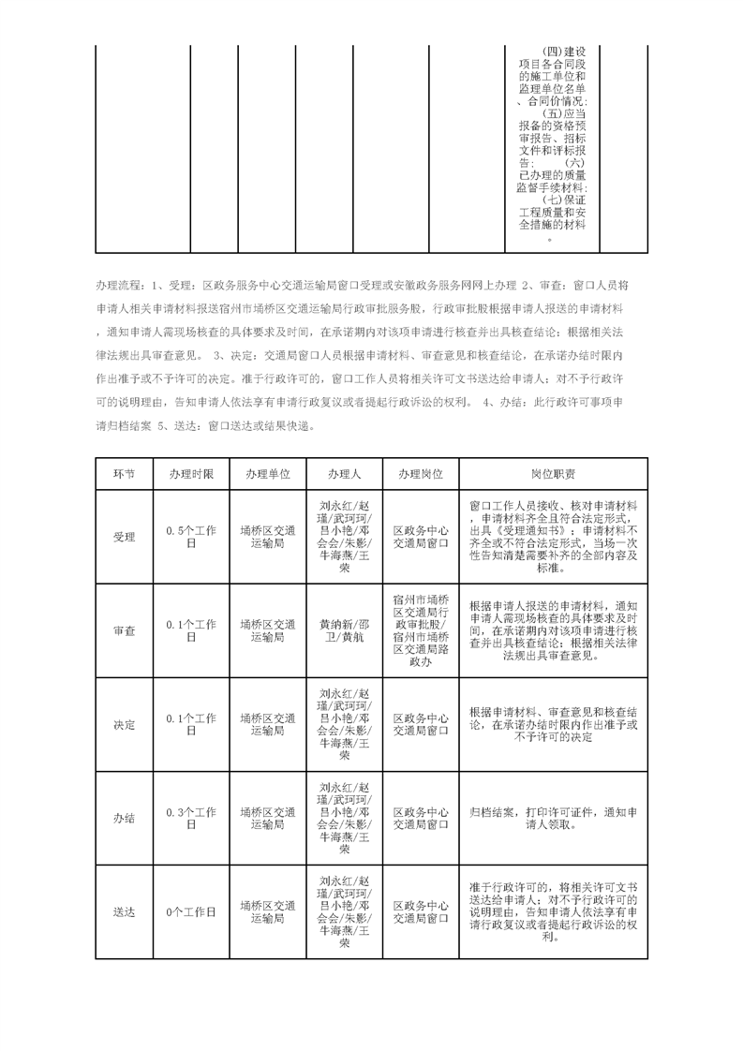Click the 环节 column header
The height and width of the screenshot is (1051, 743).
tap(124, 474)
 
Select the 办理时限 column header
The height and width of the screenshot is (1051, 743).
tap(190, 474)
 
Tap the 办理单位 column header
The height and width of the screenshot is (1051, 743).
tap(267, 474)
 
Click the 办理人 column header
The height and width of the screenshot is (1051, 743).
tap(344, 474)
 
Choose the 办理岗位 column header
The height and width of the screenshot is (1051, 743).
tap(420, 474)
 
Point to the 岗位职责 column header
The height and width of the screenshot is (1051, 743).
tap(553, 474)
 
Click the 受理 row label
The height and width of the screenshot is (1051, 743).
tap(124, 538)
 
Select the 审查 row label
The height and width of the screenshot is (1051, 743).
tap(124, 630)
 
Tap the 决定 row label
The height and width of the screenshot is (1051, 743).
tap(124, 725)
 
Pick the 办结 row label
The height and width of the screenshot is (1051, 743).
tap(124, 818)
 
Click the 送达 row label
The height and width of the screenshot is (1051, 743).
tap(124, 911)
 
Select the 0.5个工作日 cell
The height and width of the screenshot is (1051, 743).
tap(190, 537)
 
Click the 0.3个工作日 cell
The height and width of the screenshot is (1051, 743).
tap(190, 818)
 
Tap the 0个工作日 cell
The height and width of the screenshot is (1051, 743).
tap(190, 911)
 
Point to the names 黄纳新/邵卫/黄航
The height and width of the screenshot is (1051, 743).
tap(344, 630)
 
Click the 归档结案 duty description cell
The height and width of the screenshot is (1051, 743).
tap(553, 818)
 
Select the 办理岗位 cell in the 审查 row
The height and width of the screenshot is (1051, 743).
tap(420, 630)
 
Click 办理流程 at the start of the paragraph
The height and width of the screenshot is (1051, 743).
tap(119, 284)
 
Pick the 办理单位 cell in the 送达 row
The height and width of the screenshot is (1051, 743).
tap(267, 911)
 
